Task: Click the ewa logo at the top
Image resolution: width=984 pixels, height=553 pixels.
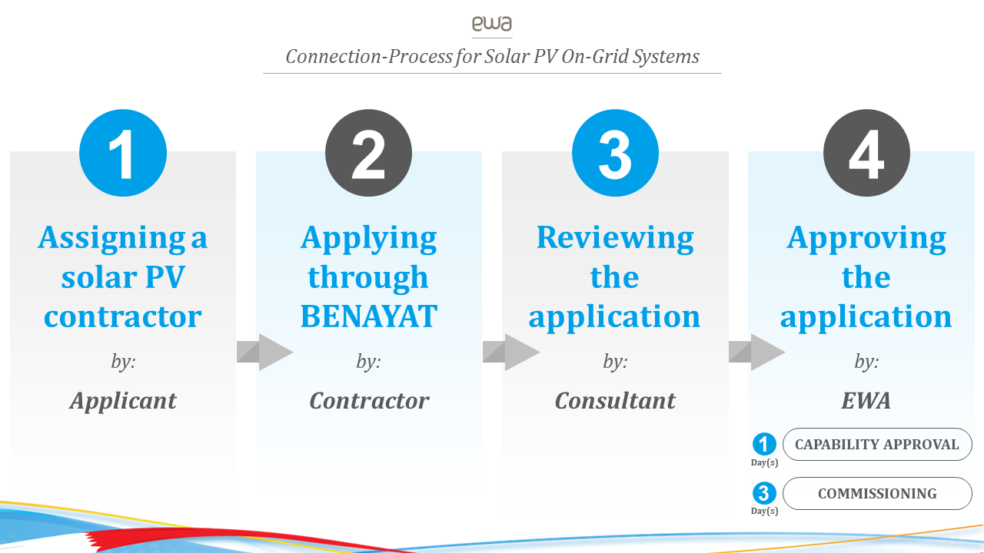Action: point(492,24)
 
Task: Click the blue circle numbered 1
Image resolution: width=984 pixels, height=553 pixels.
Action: point(123,153)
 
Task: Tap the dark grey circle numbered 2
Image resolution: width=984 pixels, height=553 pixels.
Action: point(368,153)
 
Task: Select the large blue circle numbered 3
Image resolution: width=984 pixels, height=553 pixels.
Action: point(615,153)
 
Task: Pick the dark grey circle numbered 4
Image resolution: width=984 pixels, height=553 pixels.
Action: point(866,153)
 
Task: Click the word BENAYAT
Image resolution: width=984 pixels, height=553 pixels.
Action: point(369,316)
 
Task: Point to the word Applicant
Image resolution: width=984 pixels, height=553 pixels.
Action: point(123,401)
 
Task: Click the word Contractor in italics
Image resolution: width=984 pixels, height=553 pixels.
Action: point(369,401)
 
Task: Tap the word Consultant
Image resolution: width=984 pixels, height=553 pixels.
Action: point(615,401)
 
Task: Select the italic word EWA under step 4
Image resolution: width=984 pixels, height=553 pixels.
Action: point(866,401)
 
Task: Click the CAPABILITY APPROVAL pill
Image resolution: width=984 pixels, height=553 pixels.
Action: point(877,444)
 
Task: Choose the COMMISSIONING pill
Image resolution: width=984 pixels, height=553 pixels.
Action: point(877,493)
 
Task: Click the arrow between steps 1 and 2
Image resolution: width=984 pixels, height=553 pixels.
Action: point(265,352)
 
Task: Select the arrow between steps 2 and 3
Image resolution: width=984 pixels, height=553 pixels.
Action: point(511,352)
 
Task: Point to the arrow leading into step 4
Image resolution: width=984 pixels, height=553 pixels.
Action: point(757,352)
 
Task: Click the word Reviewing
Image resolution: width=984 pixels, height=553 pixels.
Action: point(615,238)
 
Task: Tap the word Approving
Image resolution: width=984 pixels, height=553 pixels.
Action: point(866,238)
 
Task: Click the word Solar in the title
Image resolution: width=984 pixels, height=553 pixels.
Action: point(507,57)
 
